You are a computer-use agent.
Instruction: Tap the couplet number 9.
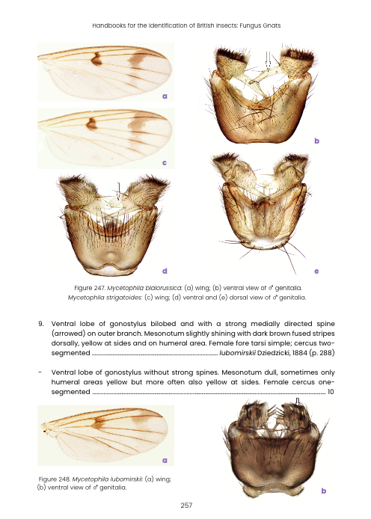[x=40, y=324]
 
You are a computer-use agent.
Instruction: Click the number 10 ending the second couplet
[x=330, y=391]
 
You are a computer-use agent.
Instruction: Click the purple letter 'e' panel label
[x=317, y=270]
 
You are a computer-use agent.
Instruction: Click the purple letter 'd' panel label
[x=165, y=270]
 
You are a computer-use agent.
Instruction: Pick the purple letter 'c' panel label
[x=164, y=162]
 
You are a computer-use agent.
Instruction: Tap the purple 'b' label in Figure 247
[x=317, y=141]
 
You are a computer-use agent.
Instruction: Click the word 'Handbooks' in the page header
[x=109, y=25]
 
